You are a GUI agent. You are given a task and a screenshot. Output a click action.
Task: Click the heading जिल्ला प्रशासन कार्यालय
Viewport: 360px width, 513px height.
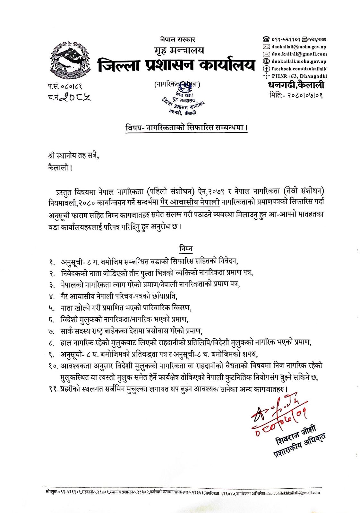(176, 65)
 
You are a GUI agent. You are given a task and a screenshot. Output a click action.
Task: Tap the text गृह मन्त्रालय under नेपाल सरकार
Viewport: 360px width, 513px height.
(179, 50)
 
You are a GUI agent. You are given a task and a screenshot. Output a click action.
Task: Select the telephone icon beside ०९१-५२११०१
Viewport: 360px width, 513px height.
(266, 40)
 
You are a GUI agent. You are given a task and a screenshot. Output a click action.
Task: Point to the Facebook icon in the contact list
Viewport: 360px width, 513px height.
(266, 68)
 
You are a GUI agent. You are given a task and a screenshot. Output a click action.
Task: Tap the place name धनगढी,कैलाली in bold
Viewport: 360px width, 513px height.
(296, 85)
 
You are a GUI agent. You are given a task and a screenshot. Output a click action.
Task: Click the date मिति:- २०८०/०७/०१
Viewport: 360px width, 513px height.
(296, 95)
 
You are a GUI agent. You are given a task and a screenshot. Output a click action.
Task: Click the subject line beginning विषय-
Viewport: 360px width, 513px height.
(186, 128)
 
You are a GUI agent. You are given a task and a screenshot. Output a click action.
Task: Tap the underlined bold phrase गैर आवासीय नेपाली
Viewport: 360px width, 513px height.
(190, 202)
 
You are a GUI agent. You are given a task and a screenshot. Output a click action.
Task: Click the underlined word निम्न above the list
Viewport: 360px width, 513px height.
(186, 248)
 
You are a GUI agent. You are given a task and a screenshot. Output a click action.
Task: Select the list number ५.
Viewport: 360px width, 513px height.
(51, 308)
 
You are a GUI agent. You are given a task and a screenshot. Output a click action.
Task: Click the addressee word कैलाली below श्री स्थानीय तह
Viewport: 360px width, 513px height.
(58, 167)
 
